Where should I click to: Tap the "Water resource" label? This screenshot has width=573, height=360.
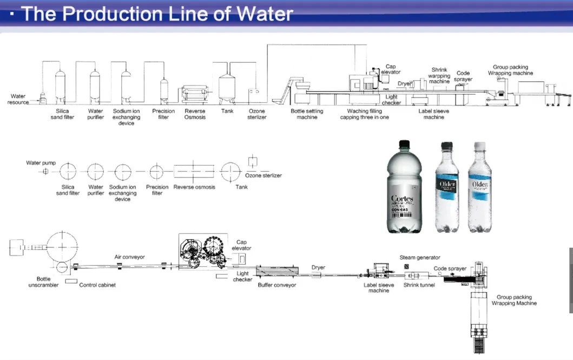click(x=18, y=100)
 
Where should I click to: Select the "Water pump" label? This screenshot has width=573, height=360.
click(x=41, y=163)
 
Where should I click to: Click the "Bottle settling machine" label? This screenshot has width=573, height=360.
click(x=307, y=114)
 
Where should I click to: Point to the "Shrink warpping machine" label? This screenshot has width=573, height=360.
click(x=439, y=76)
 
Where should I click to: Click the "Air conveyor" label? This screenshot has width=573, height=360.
click(x=129, y=257)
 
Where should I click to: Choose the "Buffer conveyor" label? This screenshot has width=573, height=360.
click(x=276, y=285)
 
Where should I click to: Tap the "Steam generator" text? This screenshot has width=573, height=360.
click(x=420, y=258)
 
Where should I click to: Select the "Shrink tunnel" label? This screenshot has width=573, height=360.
click(x=419, y=285)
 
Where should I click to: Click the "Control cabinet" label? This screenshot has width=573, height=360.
click(x=97, y=285)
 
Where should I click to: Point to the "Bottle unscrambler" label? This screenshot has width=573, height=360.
click(x=39, y=282)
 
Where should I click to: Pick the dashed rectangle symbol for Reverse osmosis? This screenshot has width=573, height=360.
click(x=194, y=172)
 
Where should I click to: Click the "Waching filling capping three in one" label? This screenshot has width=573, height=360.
click(x=364, y=114)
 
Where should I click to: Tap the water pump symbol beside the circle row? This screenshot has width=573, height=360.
click(x=45, y=172)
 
